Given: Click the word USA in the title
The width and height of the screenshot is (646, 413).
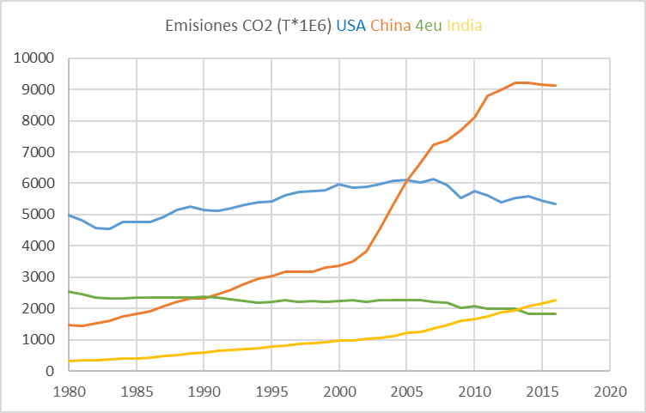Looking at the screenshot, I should (x=351, y=26).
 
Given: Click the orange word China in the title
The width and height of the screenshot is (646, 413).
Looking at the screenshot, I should (x=391, y=26).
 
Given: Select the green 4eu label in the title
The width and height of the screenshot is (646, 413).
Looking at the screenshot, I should (x=429, y=26).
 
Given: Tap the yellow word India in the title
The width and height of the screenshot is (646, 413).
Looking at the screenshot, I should (x=465, y=26).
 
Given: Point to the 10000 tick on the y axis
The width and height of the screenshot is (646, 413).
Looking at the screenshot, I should (x=35, y=58).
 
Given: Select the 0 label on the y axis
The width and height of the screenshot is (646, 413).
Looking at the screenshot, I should (x=51, y=371).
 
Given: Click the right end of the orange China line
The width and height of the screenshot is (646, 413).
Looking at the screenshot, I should (x=556, y=85).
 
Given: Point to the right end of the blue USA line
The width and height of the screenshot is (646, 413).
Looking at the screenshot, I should (x=556, y=203).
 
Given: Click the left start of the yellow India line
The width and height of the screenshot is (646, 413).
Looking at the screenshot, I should (x=69, y=361).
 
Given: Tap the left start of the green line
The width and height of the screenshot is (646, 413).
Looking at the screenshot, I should (x=69, y=291).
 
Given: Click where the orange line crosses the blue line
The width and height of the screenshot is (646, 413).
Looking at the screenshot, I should (x=407, y=180).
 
